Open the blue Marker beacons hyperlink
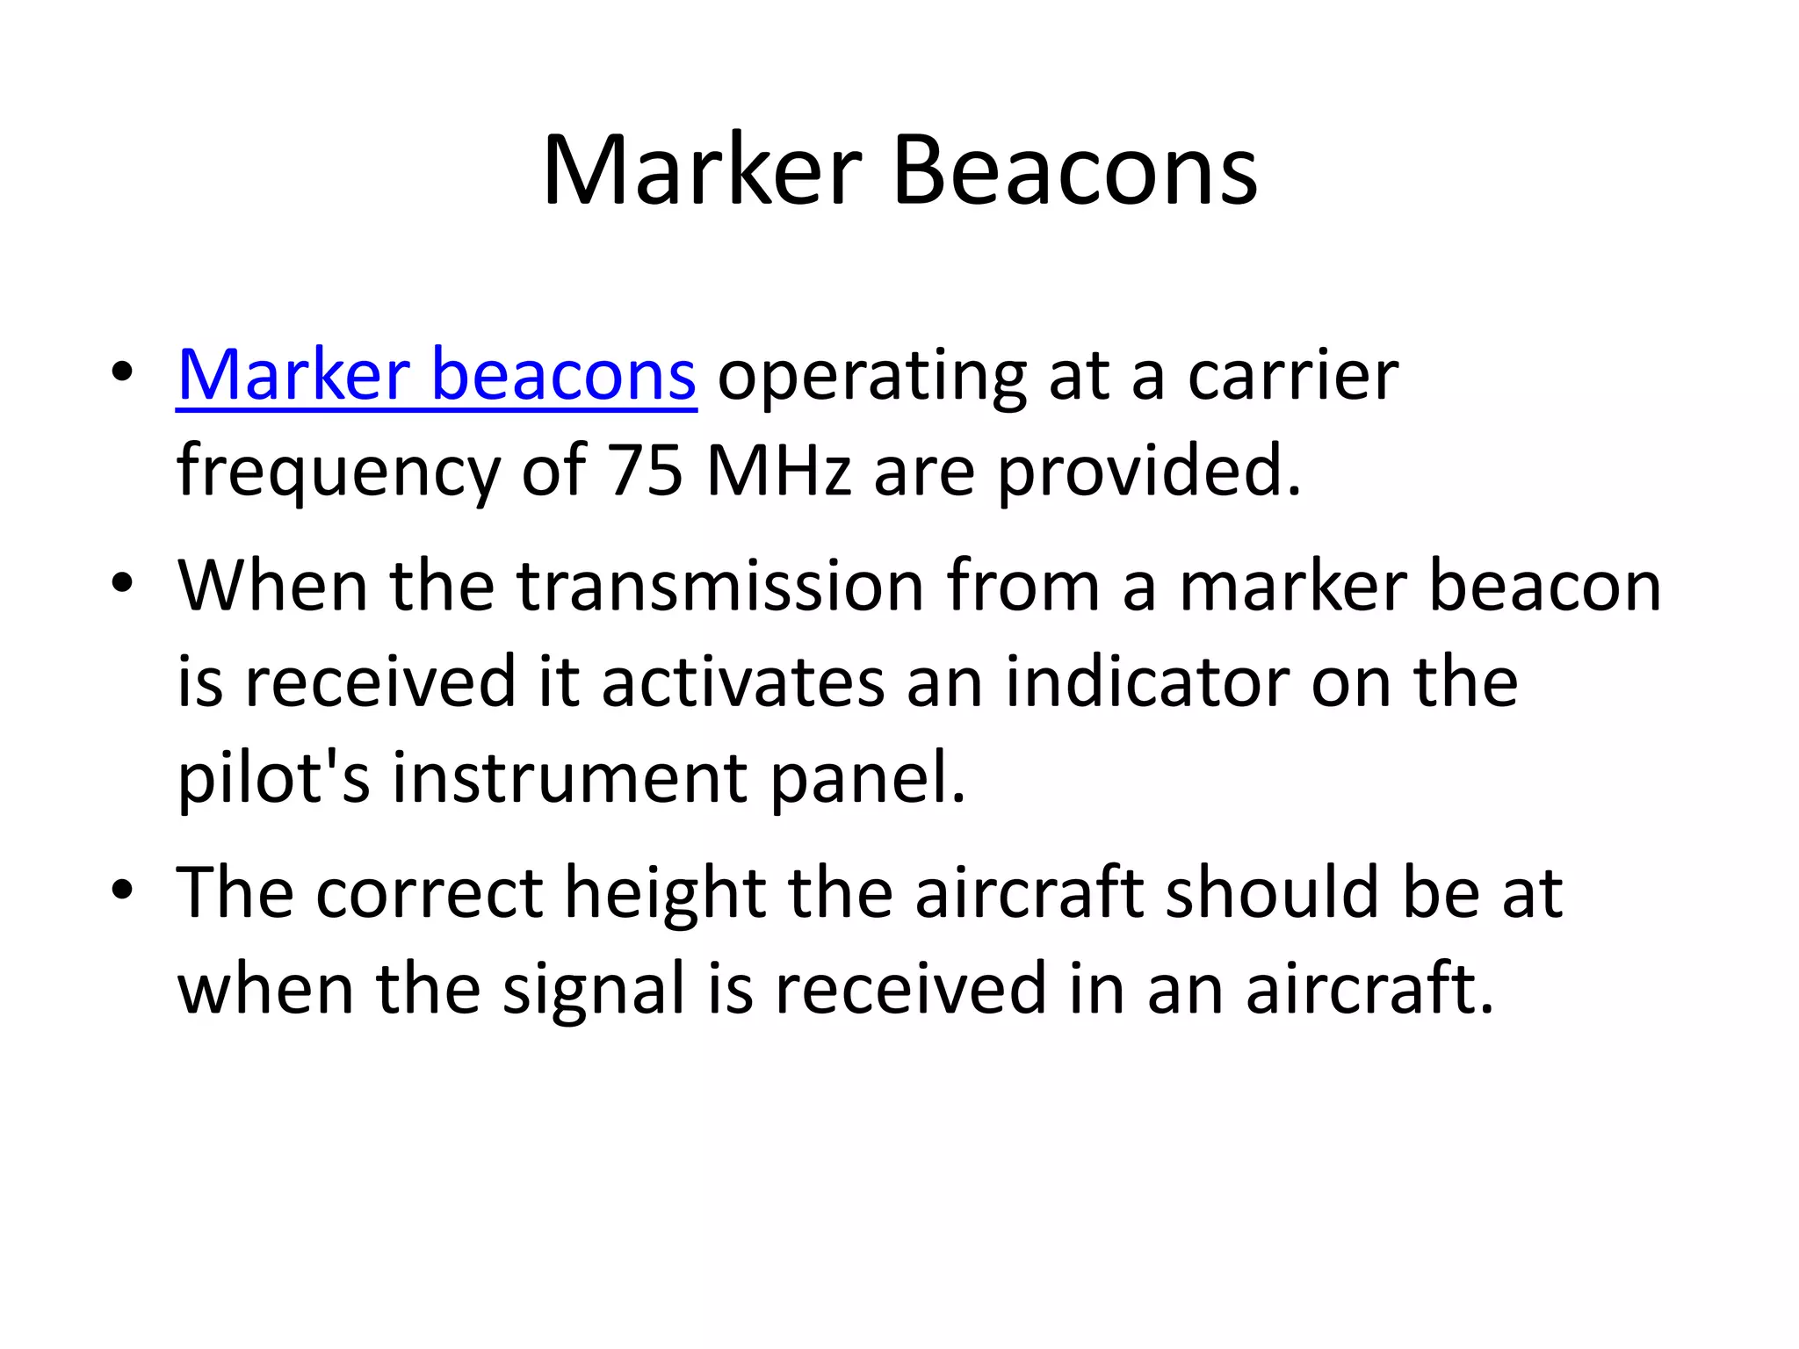tap(437, 375)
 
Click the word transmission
tap(720, 586)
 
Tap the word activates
tap(743, 682)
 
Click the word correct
tap(430, 893)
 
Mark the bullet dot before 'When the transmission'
tap(122, 583)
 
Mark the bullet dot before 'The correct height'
tap(122, 891)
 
